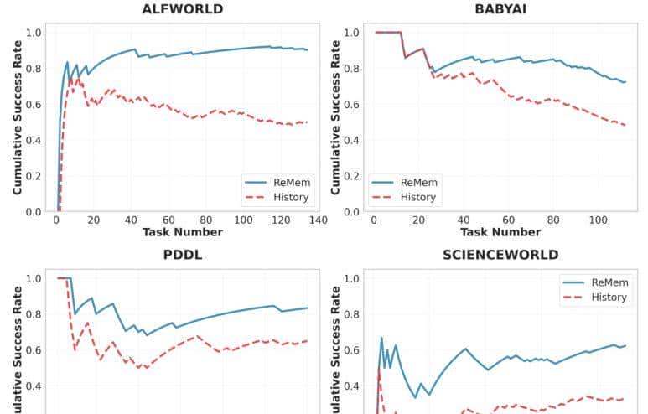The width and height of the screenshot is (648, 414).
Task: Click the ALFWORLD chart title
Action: click(x=182, y=9)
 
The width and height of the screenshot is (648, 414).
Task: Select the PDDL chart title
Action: click(x=182, y=255)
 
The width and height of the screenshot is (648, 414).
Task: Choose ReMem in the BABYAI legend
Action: click(x=419, y=182)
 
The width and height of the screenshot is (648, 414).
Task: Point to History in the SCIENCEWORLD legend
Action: click(x=609, y=298)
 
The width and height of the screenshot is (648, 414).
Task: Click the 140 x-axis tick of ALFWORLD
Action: click(x=318, y=220)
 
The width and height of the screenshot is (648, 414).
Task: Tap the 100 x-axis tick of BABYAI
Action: click(x=598, y=220)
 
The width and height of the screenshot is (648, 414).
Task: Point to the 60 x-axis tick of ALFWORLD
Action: click(x=168, y=220)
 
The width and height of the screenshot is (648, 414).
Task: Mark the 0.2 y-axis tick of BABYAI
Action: click(x=352, y=176)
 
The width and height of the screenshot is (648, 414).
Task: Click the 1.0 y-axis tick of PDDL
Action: click(x=34, y=278)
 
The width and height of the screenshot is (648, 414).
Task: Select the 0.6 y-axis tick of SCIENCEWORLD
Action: click(x=352, y=350)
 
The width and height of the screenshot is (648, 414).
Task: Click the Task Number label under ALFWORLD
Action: click(x=182, y=232)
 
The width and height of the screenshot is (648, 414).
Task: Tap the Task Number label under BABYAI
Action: click(x=500, y=232)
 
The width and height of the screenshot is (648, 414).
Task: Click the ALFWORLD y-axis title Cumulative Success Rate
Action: click(x=18, y=122)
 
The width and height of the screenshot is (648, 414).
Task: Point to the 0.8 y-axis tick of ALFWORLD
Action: click(x=34, y=69)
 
